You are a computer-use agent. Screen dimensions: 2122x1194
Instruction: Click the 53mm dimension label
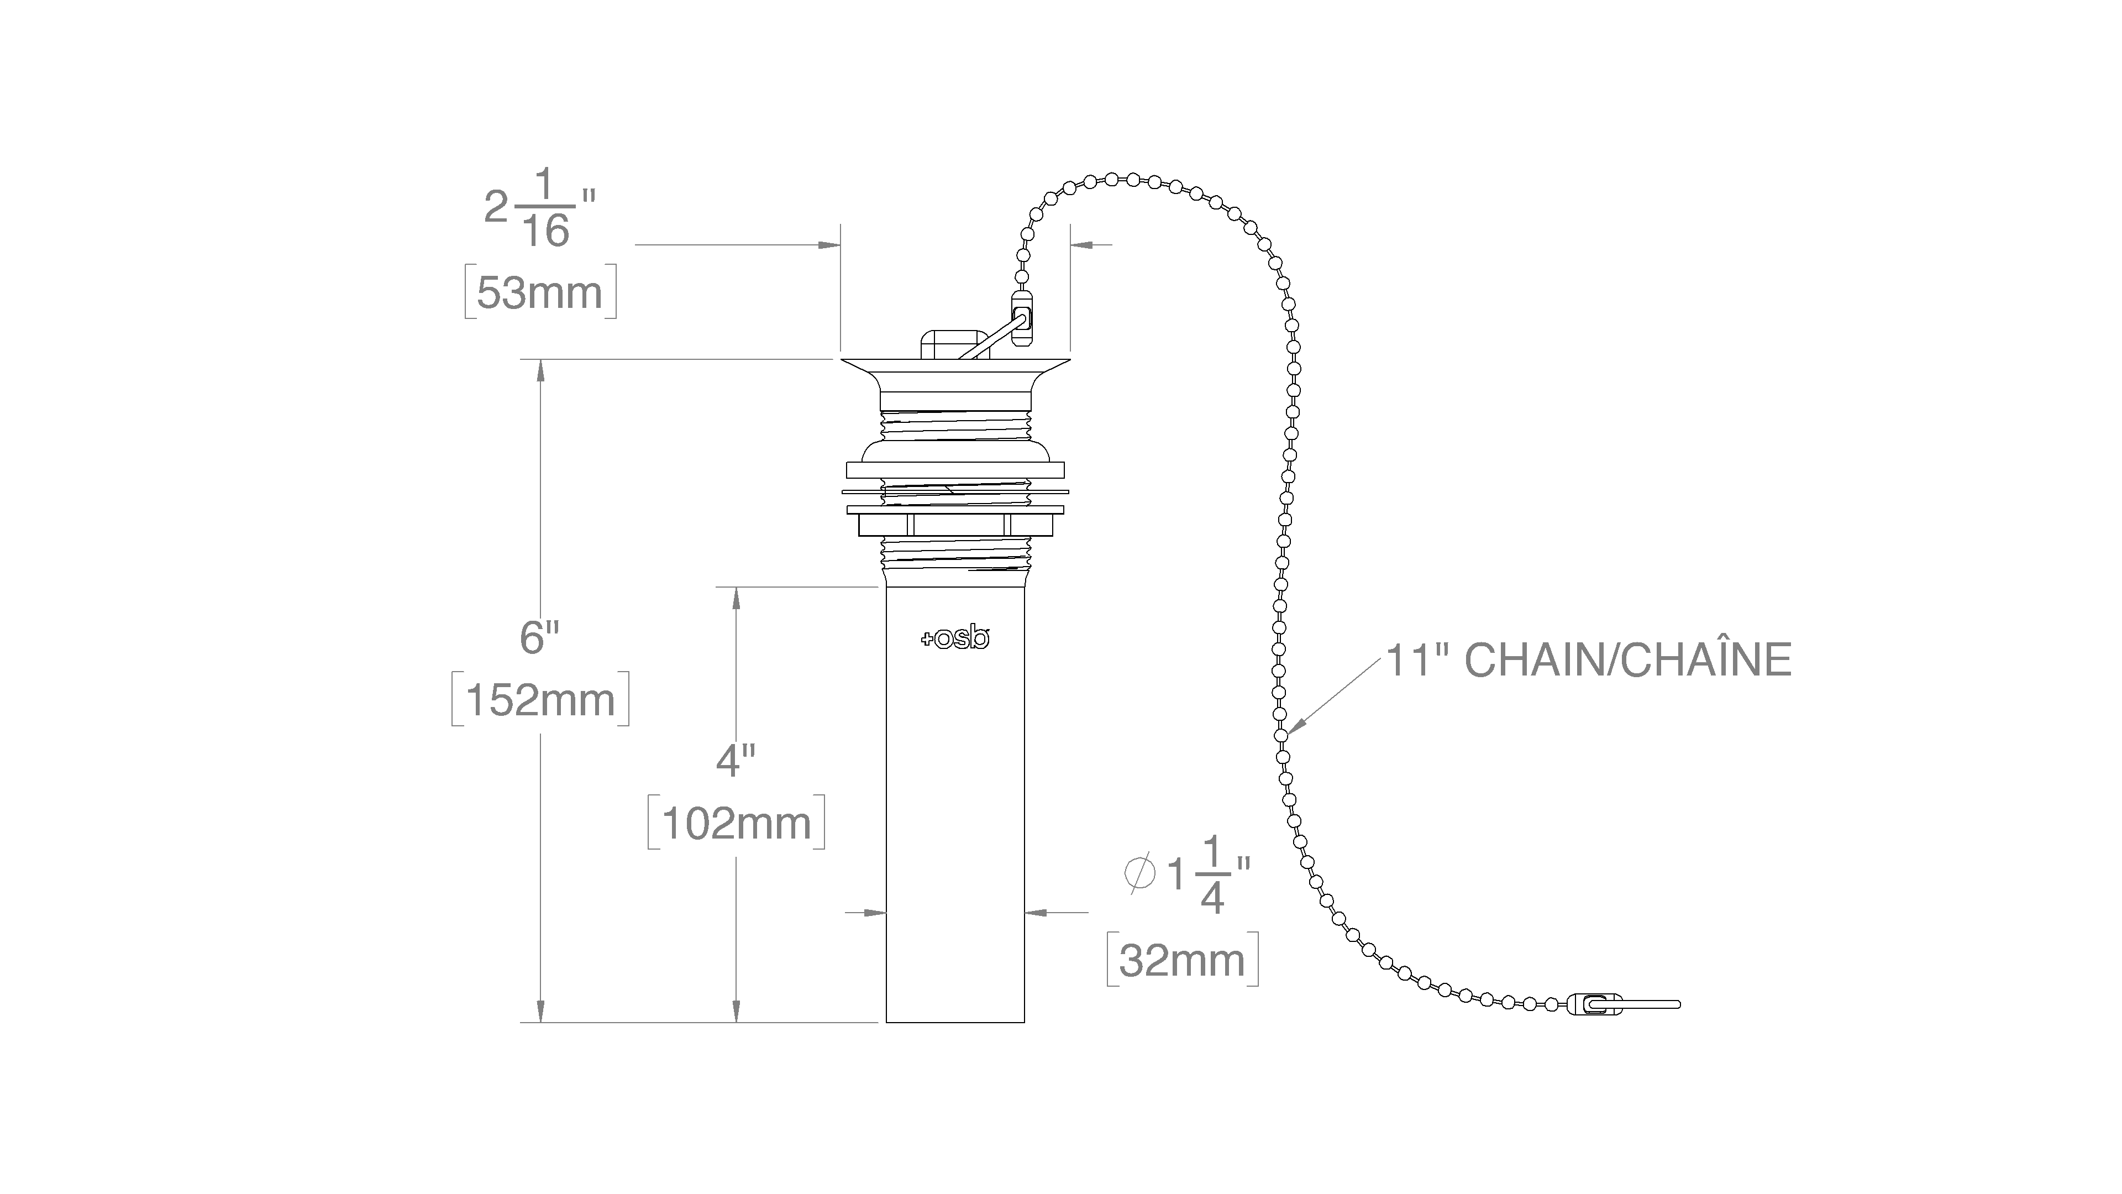pos(540,292)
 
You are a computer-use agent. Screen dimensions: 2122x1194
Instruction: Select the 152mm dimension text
pos(540,700)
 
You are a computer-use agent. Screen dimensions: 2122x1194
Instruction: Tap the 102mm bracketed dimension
pos(737,823)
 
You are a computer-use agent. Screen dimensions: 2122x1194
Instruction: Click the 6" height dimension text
pos(539,637)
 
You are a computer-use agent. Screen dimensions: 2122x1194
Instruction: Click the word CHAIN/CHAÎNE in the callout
pos(1628,659)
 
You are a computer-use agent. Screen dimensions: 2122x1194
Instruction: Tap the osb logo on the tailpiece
pos(955,638)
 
